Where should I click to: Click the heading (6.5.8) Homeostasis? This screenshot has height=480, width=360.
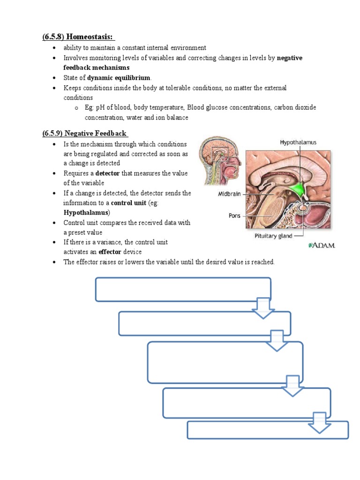click(78, 37)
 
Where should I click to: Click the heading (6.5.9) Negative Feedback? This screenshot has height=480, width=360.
click(85, 133)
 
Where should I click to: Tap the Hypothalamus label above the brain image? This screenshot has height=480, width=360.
click(298, 141)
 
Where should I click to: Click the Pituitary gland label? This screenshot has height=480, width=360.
click(274, 236)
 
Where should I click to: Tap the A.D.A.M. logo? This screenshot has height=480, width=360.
click(322, 245)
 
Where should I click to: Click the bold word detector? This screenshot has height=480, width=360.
click(108, 173)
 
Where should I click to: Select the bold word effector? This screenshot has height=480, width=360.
click(110, 252)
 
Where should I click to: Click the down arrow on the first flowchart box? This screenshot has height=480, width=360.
click(263, 308)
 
